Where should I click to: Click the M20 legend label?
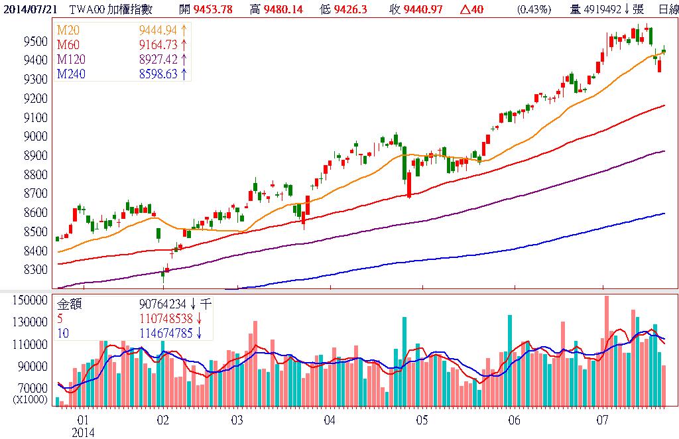[x=68, y=32]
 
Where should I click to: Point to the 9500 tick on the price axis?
[x=34, y=41]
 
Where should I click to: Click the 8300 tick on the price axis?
[x=34, y=270]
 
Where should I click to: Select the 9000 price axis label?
[x=34, y=137]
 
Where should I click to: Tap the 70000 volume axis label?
[x=31, y=388]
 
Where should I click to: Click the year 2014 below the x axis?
[x=84, y=432]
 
